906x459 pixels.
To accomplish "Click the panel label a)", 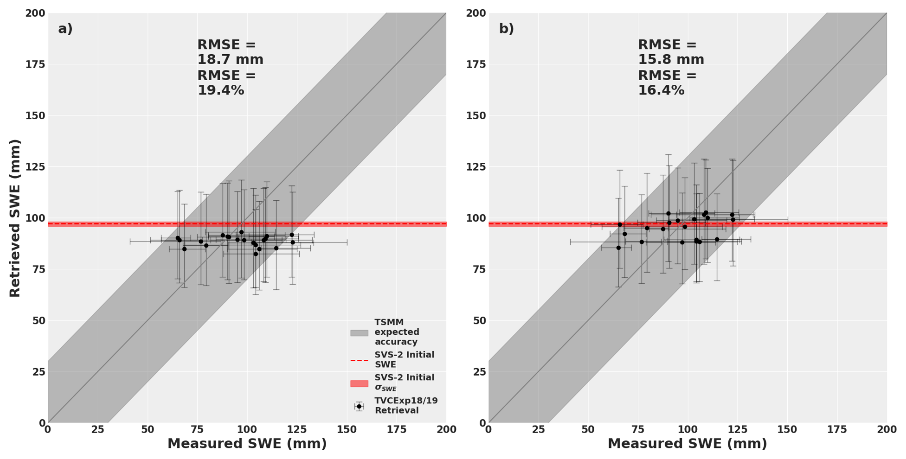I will pyautogui.click(x=65, y=29).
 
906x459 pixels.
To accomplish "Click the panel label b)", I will pyautogui.click(x=506, y=29).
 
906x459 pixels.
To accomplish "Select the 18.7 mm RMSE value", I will pyautogui.click(x=230, y=60).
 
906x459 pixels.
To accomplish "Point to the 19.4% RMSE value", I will pyautogui.click(x=221, y=90).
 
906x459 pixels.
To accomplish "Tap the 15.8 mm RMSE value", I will pyautogui.click(x=671, y=60).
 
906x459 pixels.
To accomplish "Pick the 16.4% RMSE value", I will pyautogui.click(x=661, y=90).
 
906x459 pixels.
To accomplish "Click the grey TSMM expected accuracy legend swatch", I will pyautogui.click(x=359, y=333).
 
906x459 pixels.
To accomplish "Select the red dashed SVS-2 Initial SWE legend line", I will pyautogui.click(x=359, y=360).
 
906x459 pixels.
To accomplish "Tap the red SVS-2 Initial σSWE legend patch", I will pyautogui.click(x=359, y=383).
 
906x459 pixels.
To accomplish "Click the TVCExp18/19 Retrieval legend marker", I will pyautogui.click(x=359, y=406).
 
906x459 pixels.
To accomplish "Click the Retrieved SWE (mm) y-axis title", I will pyautogui.click(x=15, y=218).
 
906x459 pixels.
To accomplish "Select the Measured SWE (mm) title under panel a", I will pyautogui.click(x=247, y=444).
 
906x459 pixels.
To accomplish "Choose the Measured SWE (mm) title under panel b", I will pyautogui.click(x=687, y=444).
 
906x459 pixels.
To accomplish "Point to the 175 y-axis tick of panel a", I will pyautogui.click(x=35, y=64).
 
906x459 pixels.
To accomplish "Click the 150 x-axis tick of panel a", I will pyautogui.click(x=347, y=430).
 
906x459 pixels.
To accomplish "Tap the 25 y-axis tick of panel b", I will pyautogui.click(x=479, y=372).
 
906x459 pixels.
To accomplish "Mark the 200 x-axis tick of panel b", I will pyautogui.click(x=887, y=430).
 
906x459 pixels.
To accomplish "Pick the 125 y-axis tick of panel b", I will pyautogui.click(x=476, y=167).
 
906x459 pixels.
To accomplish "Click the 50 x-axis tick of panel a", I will pyautogui.click(x=147, y=430).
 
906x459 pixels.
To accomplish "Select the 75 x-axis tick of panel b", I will pyautogui.click(x=638, y=430).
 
